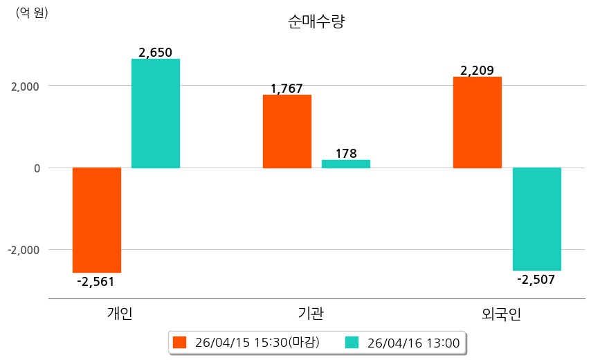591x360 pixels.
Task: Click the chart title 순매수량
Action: coord(316,22)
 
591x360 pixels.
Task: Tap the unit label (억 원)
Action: coord(32,12)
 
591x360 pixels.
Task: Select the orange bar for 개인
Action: coord(97,219)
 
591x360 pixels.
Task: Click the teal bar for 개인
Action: coord(156,114)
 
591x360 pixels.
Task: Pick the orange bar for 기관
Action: coord(287,132)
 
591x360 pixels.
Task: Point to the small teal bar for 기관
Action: coord(346,164)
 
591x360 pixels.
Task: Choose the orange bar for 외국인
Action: coord(478,123)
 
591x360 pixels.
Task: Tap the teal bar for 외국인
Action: coord(536,219)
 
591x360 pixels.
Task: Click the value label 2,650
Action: coord(155,53)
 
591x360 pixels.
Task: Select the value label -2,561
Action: coord(96,281)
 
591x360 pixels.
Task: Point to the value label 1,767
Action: coord(287,89)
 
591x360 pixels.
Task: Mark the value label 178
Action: coord(345,154)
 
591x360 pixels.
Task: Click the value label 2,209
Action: coord(477,71)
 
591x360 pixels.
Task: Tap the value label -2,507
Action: coord(536,279)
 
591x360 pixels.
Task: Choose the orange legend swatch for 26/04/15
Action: coord(180,342)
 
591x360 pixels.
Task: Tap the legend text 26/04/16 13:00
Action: coord(413,342)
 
